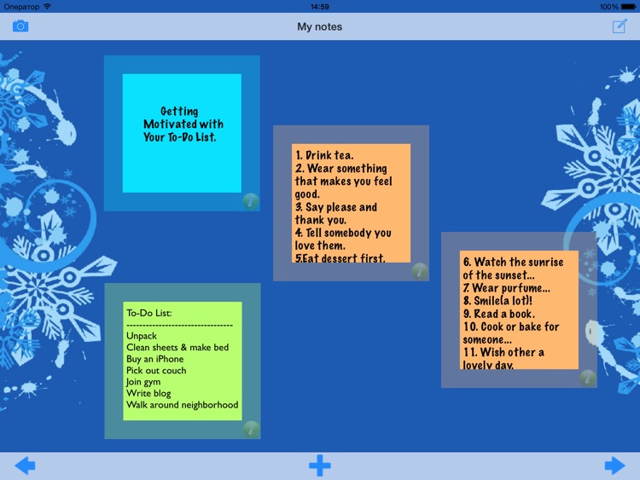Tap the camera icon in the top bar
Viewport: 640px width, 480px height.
(20, 26)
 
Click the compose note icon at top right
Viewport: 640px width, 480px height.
(620, 26)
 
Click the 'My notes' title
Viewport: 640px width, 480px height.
(320, 26)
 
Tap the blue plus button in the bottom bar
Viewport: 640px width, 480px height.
(320, 466)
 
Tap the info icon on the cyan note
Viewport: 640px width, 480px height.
(250, 201)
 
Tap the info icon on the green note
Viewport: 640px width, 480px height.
(251, 429)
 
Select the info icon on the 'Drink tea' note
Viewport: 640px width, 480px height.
(419, 271)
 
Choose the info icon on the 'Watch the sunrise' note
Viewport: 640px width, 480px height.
(588, 378)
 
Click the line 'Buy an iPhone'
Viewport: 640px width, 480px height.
(155, 359)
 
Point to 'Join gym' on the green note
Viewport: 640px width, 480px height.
(143, 382)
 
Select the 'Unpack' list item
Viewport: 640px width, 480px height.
(142, 336)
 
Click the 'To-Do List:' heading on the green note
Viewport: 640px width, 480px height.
(149, 313)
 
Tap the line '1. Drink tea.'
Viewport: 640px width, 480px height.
(324, 155)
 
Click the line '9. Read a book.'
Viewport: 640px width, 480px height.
(499, 314)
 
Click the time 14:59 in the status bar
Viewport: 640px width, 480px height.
(320, 6)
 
